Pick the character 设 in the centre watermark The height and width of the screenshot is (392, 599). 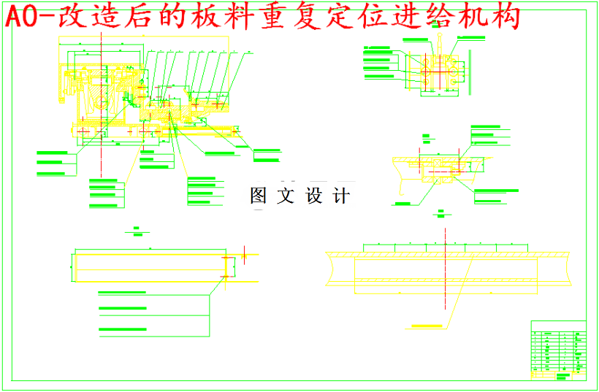314,196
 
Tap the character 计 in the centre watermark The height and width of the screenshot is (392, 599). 342,196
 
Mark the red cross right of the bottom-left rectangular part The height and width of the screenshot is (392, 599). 244,256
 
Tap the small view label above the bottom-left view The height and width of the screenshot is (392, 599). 137,233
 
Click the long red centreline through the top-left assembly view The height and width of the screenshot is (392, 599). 100,109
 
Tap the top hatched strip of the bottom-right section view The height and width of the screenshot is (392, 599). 446,253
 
